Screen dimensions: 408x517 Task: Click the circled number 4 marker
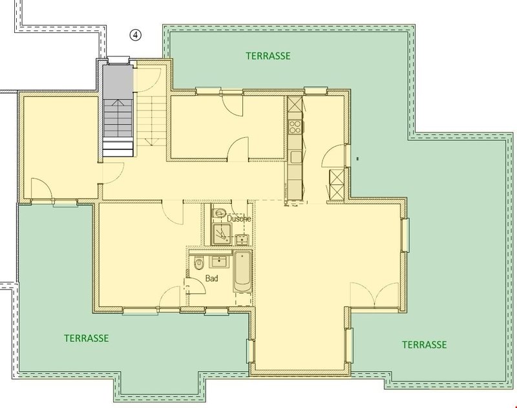coord(136,36)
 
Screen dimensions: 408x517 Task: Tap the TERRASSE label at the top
coord(268,56)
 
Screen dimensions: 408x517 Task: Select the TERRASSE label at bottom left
coord(86,338)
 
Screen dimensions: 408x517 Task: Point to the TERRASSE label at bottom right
coord(424,344)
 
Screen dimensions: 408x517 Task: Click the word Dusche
coord(238,219)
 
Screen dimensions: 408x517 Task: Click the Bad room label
coord(211,279)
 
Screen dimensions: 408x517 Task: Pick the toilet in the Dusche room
coord(220,213)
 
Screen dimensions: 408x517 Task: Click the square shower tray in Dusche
coord(221,234)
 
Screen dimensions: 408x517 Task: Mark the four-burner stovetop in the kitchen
coord(295,123)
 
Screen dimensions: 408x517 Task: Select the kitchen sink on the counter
coord(296,155)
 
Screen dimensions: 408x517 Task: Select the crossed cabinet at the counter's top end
coord(295,103)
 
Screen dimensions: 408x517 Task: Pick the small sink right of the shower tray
coord(243,239)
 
